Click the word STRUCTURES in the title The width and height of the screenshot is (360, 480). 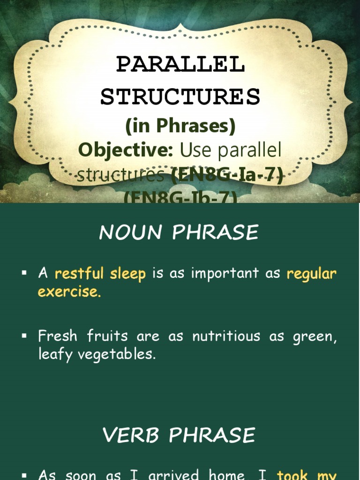[x=180, y=97]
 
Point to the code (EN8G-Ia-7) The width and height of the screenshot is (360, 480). [x=227, y=175]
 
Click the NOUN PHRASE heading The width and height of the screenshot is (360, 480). [x=179, y=233]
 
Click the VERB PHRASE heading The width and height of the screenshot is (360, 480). [x=179, y=435]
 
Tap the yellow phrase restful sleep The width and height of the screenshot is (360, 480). [x=100, y=274]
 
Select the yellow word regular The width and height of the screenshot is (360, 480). [x=312, y=274]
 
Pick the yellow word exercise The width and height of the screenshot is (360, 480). [x=69, y=292]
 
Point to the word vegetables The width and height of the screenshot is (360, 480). [x=117, y=354]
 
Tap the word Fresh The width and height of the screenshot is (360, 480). [x=58, y=336]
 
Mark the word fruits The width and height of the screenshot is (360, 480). [x=108, y=336]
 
